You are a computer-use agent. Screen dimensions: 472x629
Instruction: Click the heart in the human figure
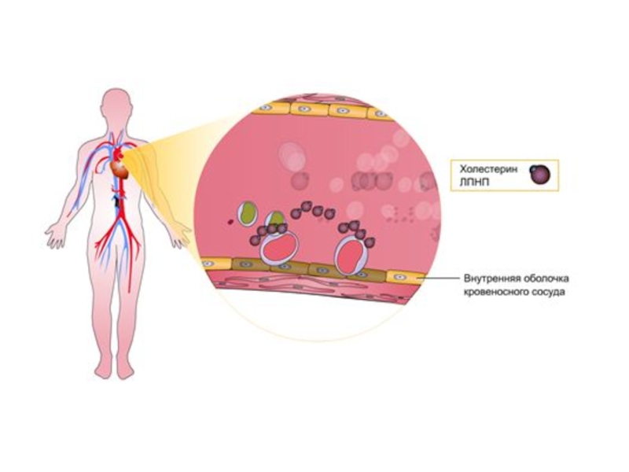point(118,168)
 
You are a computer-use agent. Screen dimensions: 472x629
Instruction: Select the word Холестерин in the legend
point(480,170)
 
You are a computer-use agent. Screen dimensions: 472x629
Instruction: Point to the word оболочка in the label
point(543,279)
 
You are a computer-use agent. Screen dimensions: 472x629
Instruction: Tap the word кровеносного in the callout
point(495,292)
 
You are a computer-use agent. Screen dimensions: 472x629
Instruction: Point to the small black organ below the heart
point(117,201)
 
